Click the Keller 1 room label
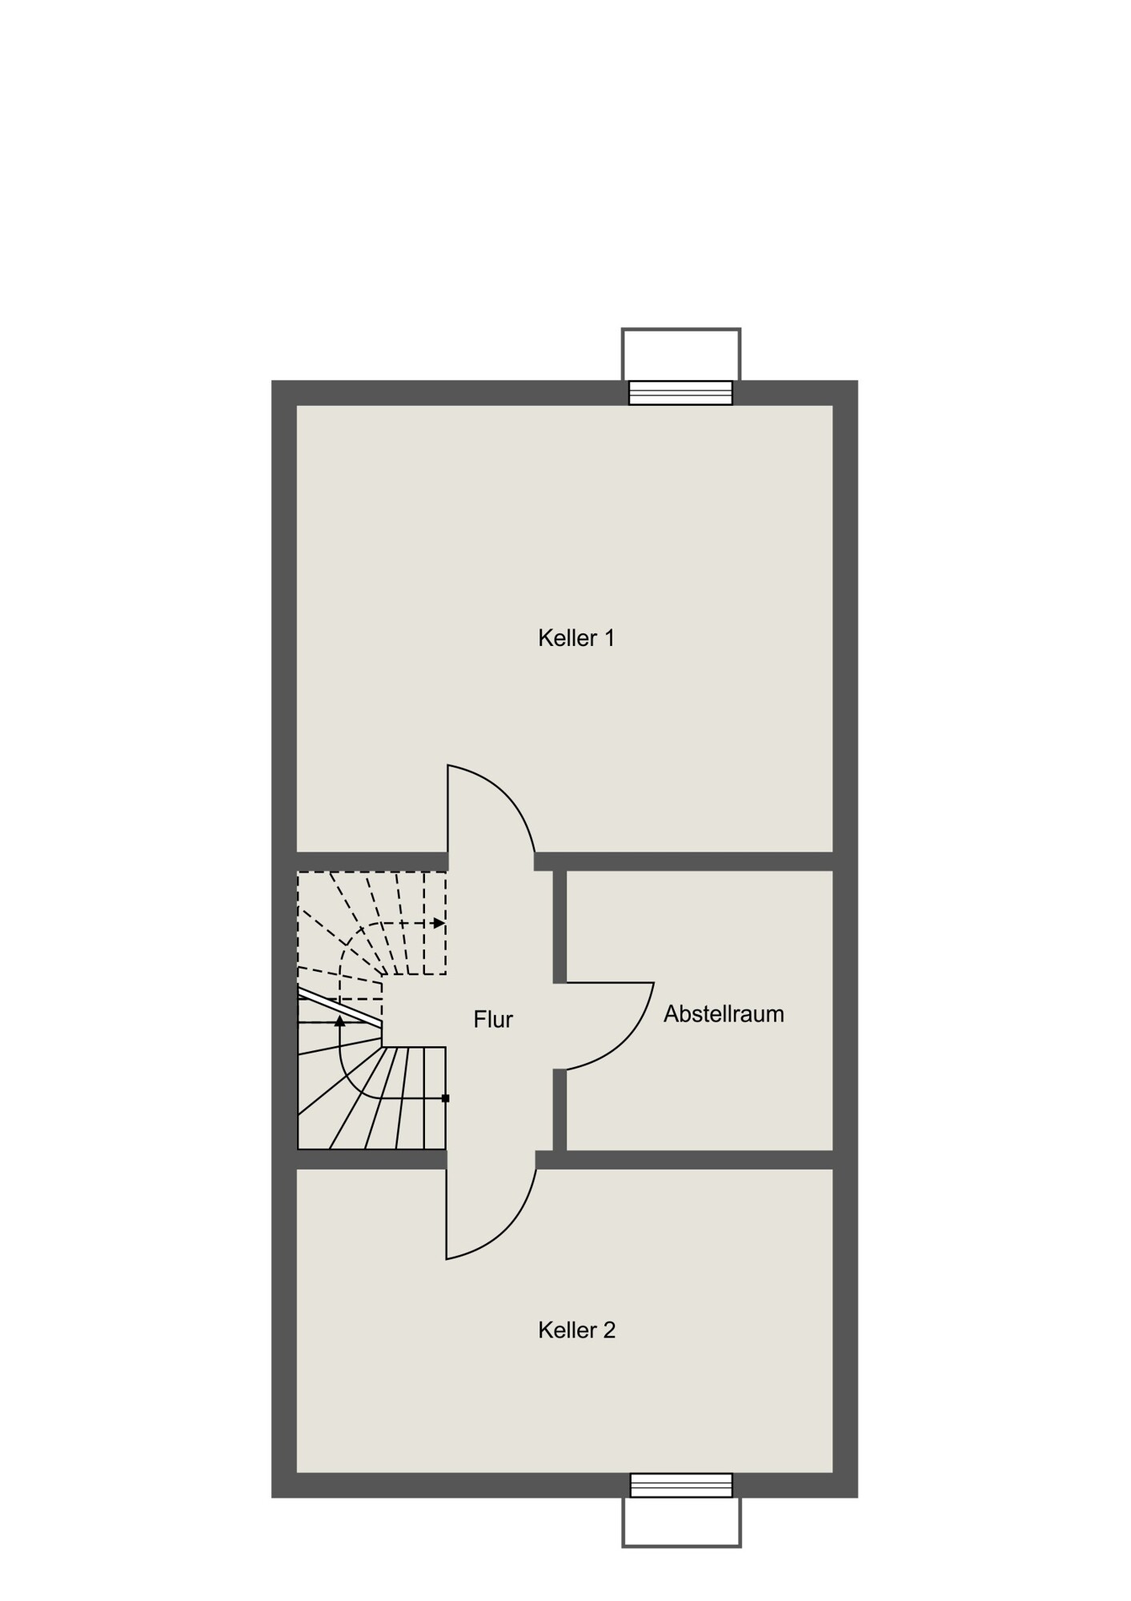pos(576,638)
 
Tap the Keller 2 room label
pos(576,1330)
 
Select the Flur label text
pos(493,1019)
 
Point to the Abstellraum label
pos(724,1013)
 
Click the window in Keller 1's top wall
pos(680,393)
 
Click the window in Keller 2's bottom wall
pos(681,1485)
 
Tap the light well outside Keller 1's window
pos(681,354)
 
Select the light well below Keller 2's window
pos(681,1522)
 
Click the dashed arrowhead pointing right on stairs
pos(439,923)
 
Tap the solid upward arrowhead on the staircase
pos(339,1021)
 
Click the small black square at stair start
pos(446,1098)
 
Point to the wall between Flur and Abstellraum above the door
pos(559,926)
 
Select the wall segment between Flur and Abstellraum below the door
pos(559,1109)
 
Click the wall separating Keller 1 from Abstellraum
pos(684,861)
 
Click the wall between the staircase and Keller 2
pos(371,1160)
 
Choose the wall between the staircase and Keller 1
pos(372,861)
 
